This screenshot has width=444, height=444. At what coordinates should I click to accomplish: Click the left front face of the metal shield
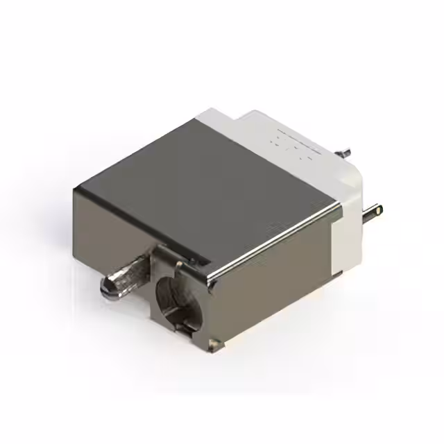111,222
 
